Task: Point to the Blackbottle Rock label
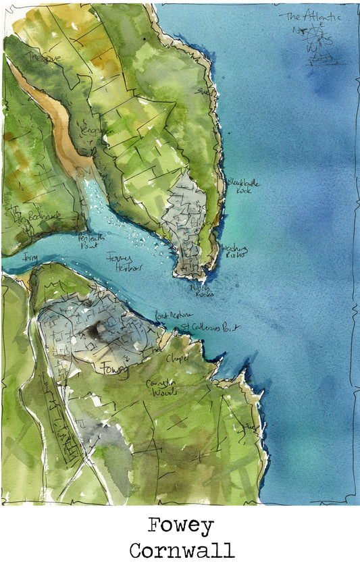243,185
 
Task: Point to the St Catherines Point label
209,328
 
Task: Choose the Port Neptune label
174,315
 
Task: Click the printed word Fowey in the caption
180,525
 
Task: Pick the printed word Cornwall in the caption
181,550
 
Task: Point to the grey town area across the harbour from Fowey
185,216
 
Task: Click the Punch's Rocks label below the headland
202,290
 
